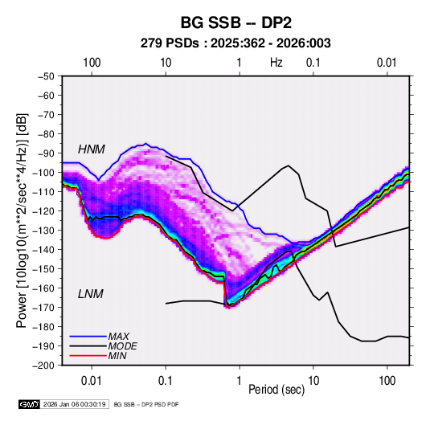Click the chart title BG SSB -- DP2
pos(235,22)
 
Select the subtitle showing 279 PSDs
pos(235,43)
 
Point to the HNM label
pos(92,149)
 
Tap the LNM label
pos(91,294)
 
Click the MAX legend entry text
pos(118,337)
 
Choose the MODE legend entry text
pos(123,346)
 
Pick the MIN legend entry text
pos(117,356)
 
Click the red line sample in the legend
pos(88,356)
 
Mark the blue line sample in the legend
pos(88,337)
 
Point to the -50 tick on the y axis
pos(46,76)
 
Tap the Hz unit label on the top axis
pos(276,63)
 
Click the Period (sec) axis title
pos(276,390)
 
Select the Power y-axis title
pos(22,220)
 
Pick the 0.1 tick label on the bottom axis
pos(166,381)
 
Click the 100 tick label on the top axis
pos(92,63)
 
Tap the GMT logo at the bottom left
pos(30,404)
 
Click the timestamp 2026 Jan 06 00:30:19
pos(75,404)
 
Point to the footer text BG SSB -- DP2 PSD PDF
pos(146,404)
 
